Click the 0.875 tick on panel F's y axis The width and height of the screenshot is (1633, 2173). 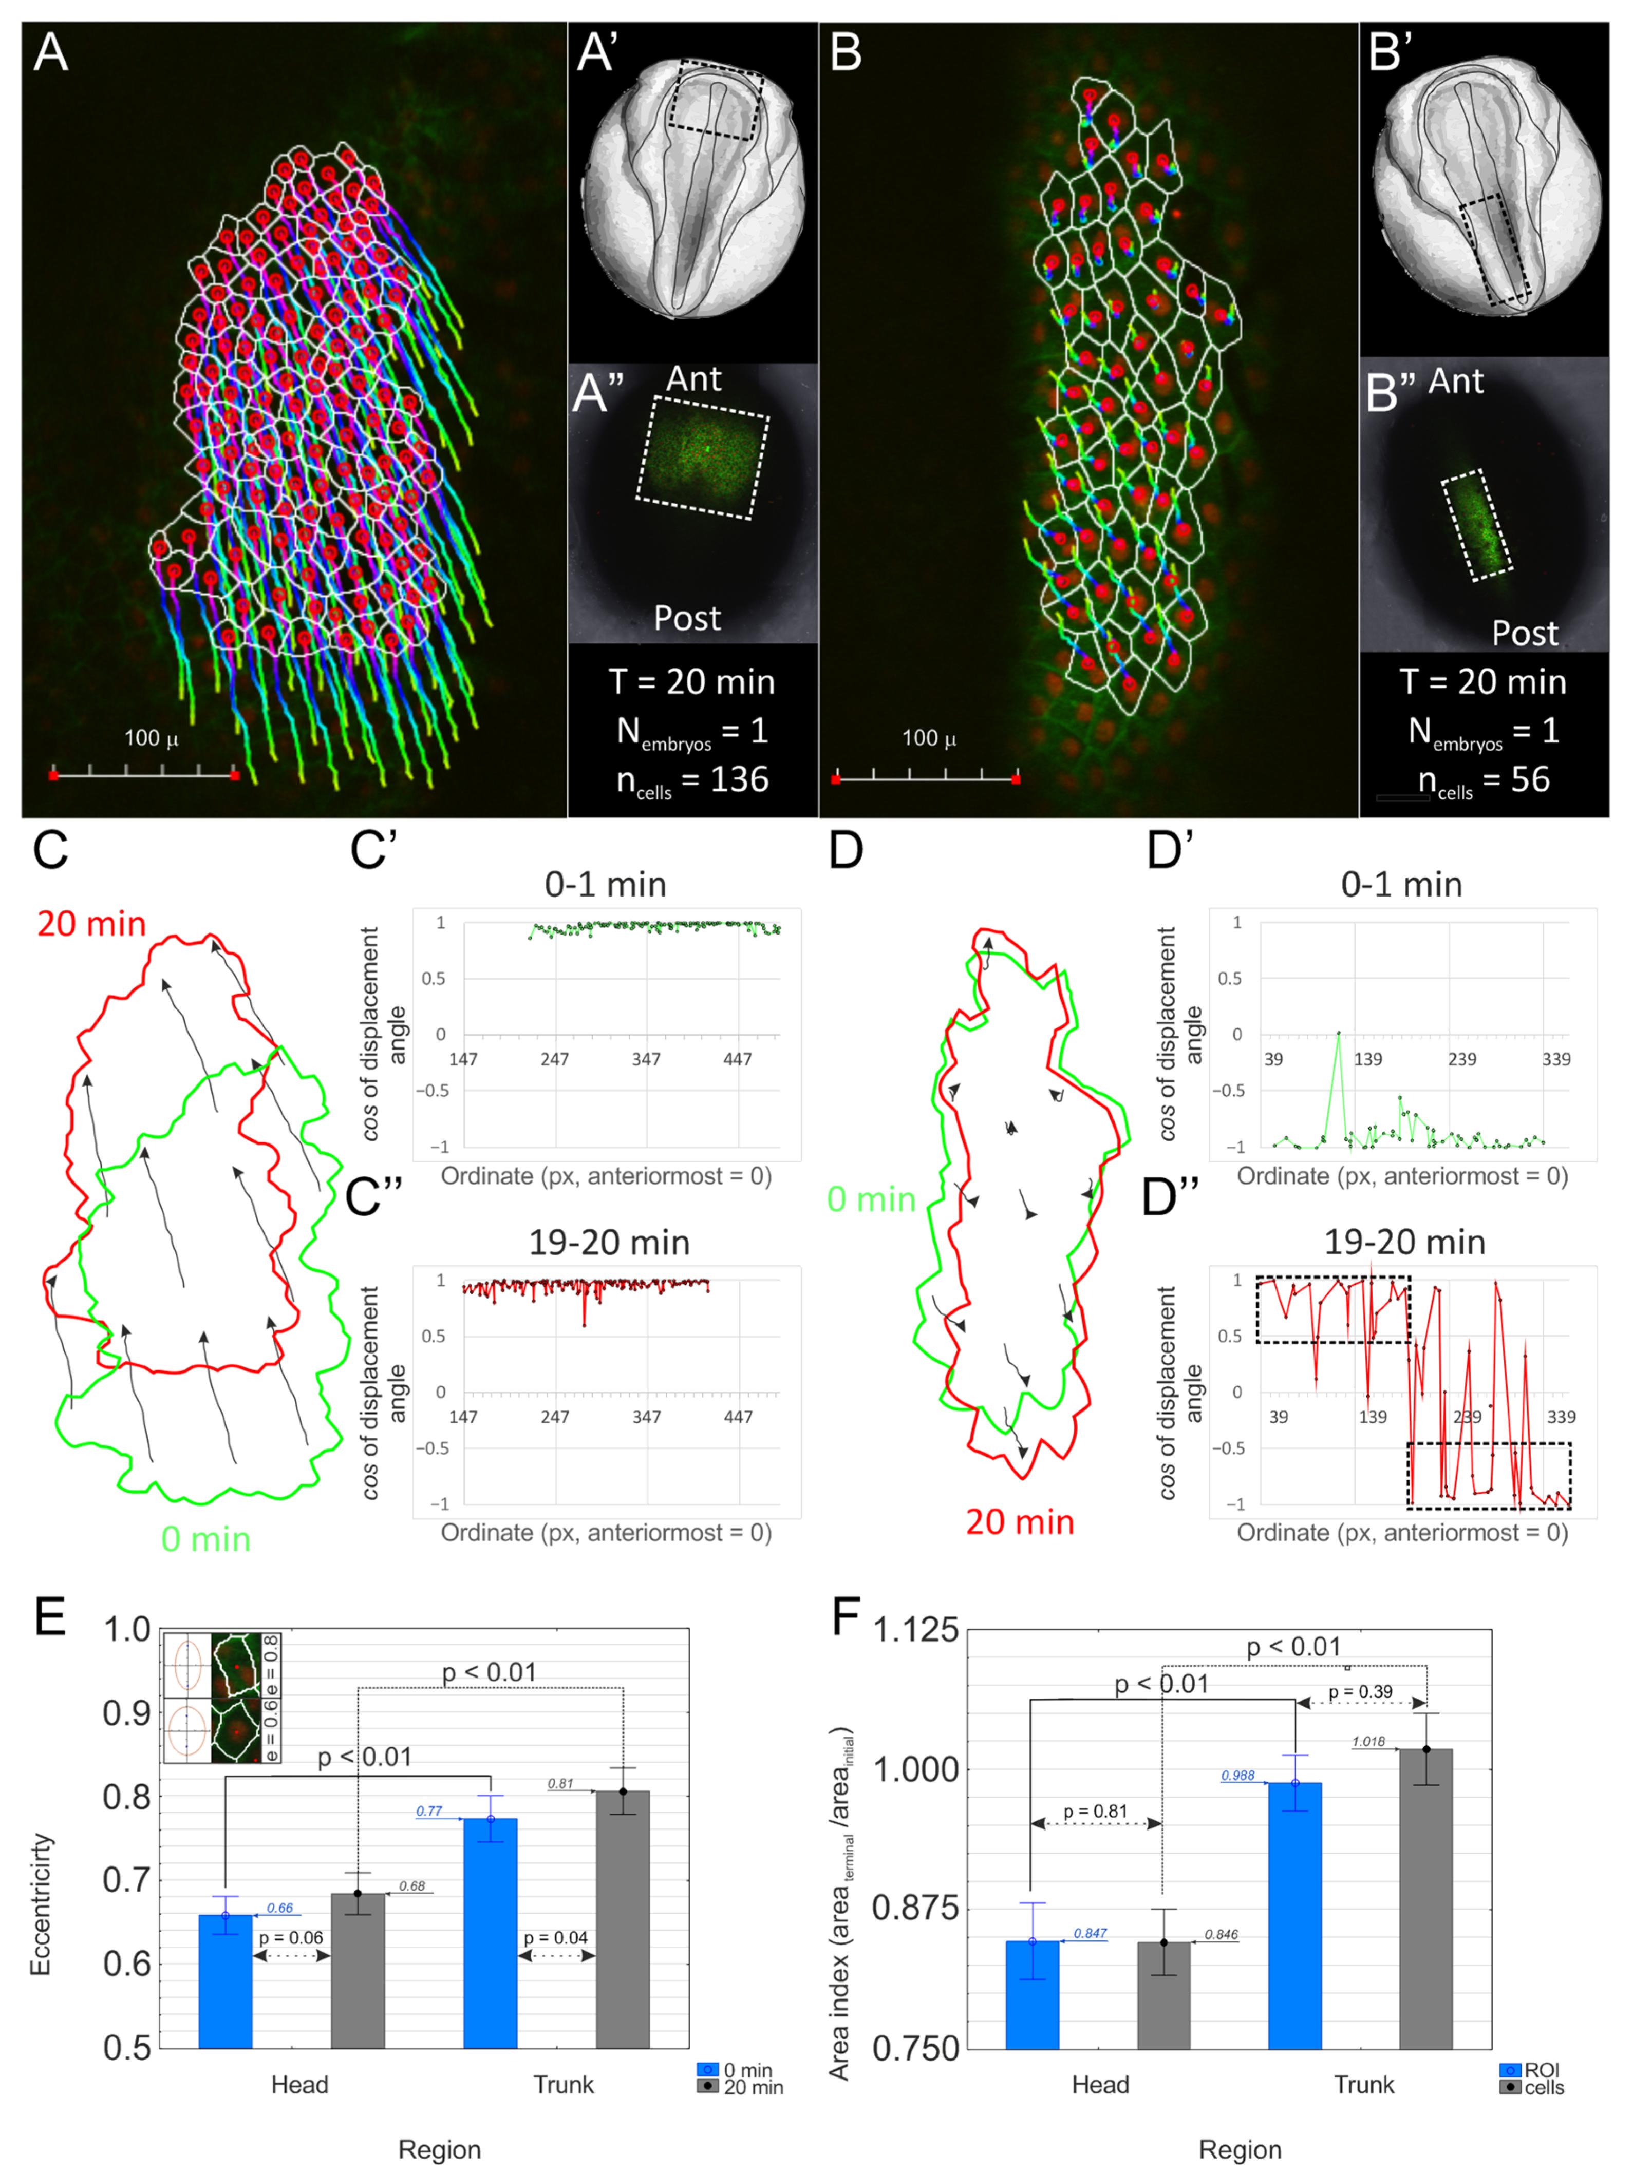pyautogui.click(x=914, y=1909)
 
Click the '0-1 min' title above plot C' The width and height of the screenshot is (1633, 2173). pyautogui.click(x=605, y=884)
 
